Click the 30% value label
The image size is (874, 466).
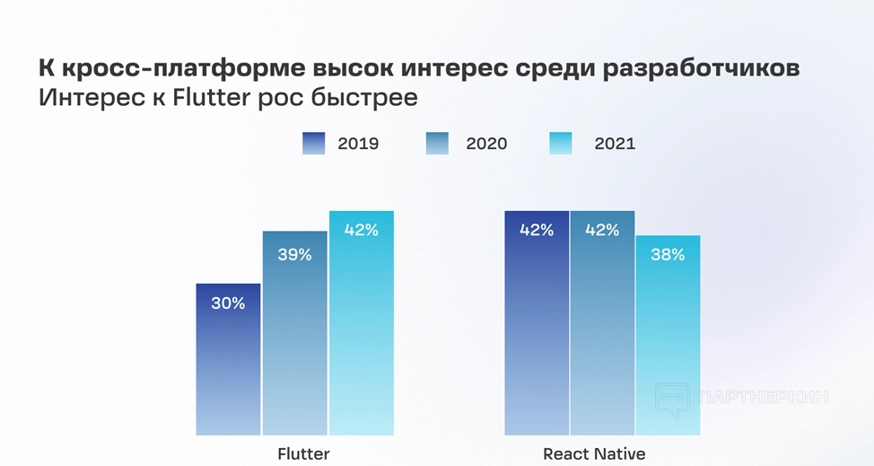(x=228, y=303)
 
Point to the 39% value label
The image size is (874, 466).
(x=294, y=255)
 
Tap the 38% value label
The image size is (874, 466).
(x=668, y=255)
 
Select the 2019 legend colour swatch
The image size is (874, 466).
(x=314, y=144)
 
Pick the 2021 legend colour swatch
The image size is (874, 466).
(x=560, y=144)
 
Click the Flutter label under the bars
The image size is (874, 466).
(x=303, y=453)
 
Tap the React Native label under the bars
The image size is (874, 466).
(x=594, y=453)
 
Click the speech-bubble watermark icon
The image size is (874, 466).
(x=672, y=399)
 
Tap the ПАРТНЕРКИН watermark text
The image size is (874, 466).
(x=763, y=397)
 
